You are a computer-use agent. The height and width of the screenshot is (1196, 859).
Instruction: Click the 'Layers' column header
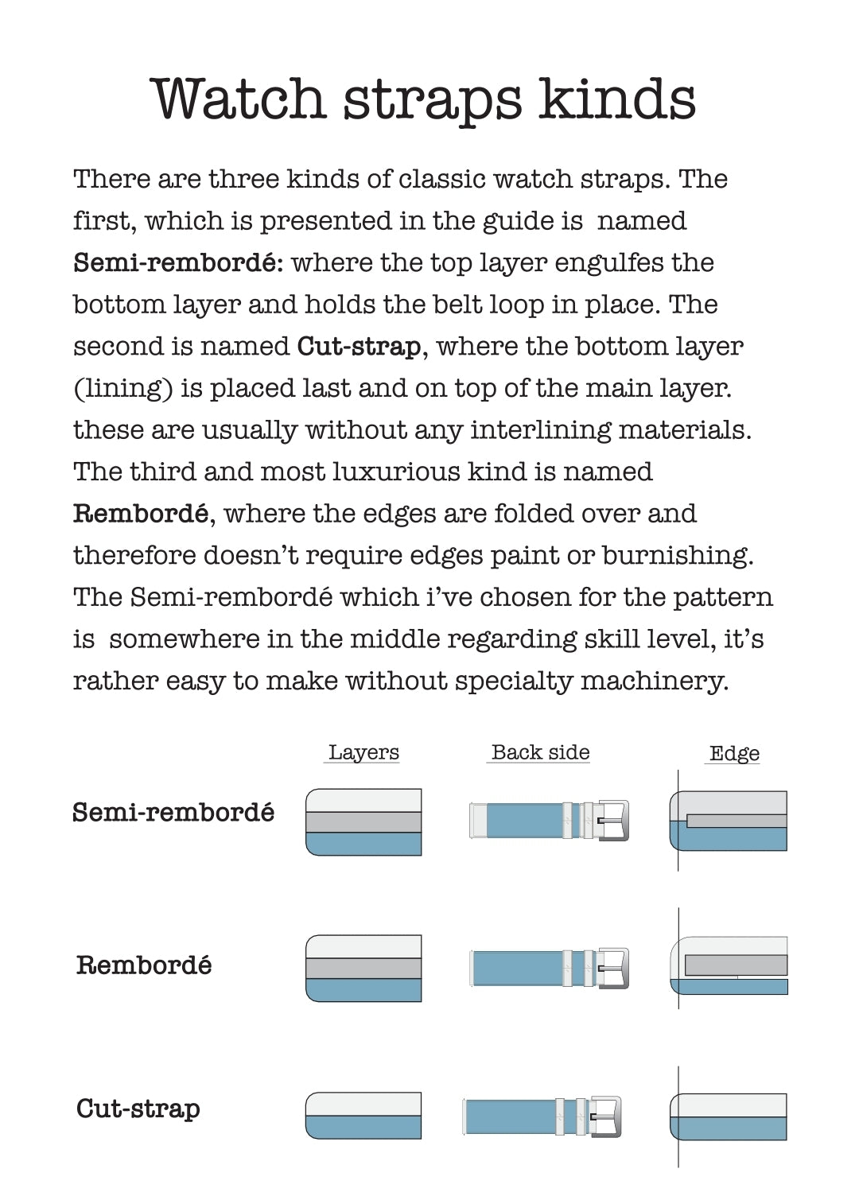[x=363, y=752]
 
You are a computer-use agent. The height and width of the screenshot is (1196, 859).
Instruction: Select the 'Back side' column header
[x=540, y=752]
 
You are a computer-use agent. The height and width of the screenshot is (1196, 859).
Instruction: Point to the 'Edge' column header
[x=734, y=753]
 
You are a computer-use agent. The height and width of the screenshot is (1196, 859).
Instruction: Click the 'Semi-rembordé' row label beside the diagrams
[x=173, y=813]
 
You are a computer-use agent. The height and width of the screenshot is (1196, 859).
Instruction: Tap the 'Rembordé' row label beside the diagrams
[x=144, y=965]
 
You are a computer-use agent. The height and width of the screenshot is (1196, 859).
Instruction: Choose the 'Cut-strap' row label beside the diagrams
[x=138, y=1109]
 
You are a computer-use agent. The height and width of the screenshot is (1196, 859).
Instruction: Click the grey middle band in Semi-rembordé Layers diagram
[x=363, y=821]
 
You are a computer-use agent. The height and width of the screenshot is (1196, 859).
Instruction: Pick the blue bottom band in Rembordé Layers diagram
[x=363, y=990]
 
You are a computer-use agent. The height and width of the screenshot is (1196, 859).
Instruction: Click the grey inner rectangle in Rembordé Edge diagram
[x=735, y=965]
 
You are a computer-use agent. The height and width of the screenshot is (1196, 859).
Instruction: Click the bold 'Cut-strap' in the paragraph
[x=359, y=347]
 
